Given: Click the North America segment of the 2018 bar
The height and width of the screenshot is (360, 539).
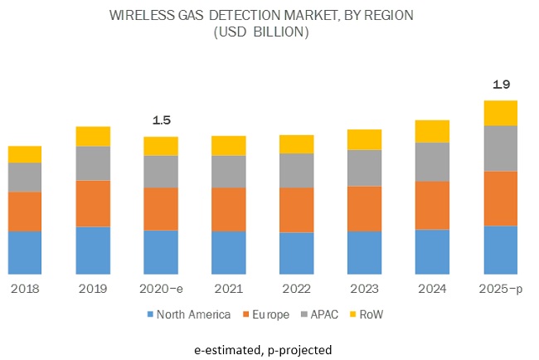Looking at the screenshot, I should pos(25,252).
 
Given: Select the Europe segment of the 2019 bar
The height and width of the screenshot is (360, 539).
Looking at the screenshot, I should pos(93,203).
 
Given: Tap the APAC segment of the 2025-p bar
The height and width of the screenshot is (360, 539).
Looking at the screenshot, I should pos(500,148).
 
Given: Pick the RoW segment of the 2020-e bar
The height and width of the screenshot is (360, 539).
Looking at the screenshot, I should pos(161,146).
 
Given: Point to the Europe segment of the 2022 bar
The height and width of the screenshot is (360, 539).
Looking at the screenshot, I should pos(296,210).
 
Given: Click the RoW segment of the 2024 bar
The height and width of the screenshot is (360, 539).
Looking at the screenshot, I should pos(432,131).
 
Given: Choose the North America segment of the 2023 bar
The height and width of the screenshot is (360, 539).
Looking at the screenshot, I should pos(364,252).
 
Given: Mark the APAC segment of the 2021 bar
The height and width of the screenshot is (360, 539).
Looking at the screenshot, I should pos(229,172).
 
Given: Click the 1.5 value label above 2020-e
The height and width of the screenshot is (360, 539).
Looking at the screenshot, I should pos(161,121).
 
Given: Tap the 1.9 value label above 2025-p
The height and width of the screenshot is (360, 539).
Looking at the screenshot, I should pos(500,85).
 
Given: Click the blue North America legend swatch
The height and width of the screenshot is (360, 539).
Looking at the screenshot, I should pos(150,315).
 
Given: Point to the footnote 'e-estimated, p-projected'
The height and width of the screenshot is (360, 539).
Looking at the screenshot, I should pos(270,349).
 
